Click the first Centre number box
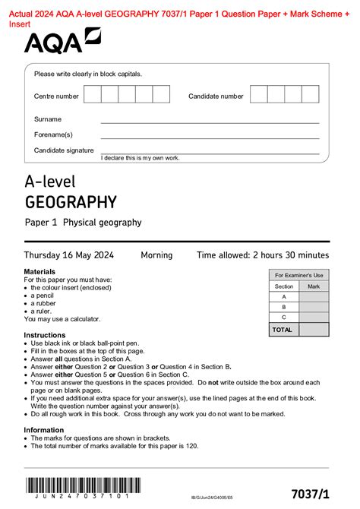92,94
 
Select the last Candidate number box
311,94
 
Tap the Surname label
48,119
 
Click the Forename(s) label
52,134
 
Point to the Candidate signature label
64,150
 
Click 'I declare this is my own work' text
141,158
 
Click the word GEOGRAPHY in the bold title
71,202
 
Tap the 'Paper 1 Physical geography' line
83,223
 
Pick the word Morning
156,255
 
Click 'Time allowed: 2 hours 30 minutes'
262,255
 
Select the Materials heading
39,271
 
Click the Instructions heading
44,335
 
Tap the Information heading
43,429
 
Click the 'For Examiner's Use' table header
298,275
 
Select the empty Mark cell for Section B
314,307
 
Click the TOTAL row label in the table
283,330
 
